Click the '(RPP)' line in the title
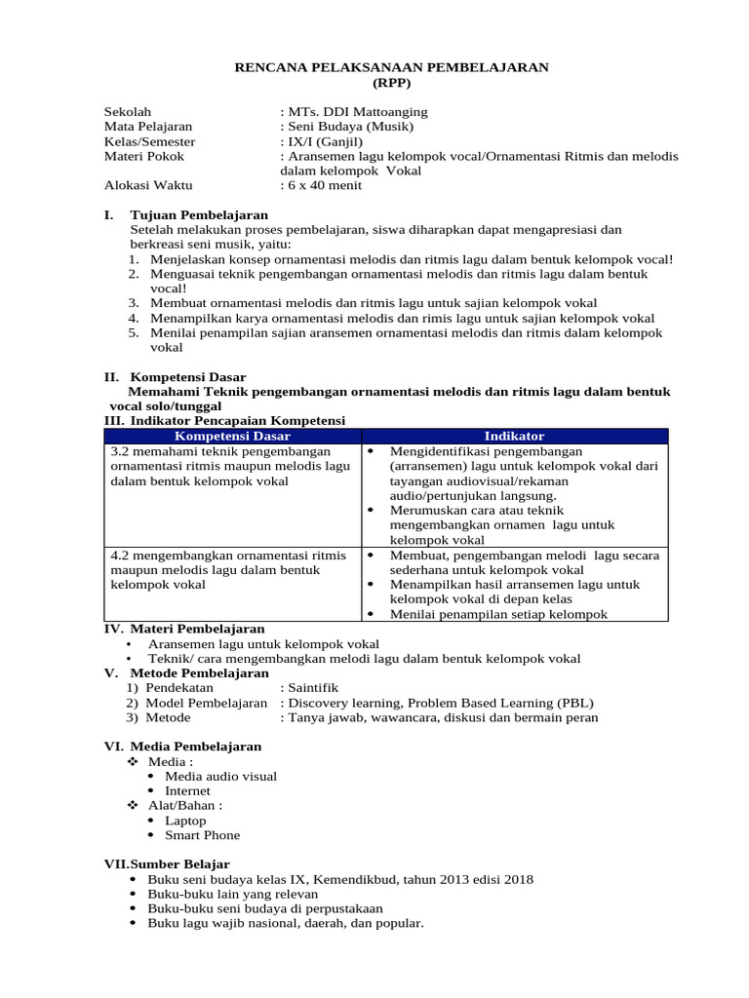click(393, 83)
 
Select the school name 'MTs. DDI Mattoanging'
click(357, 112)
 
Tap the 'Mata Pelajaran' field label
click(148, 127)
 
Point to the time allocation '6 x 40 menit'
click(323, 184)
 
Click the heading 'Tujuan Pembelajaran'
click(199, 214)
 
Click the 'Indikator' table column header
click(514, 436)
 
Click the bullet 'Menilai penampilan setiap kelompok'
click(498, 614)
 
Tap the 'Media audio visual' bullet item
click(220, 776)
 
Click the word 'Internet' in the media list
click(187, 790)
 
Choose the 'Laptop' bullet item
click(185, 821)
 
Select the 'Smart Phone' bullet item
click(202, 835)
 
